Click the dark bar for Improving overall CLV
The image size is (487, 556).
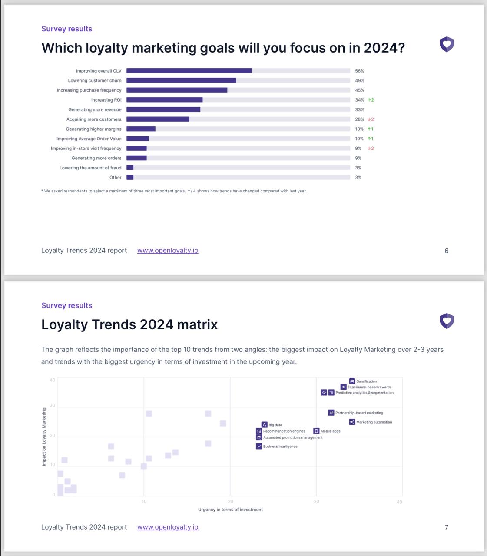pyautogui.click(x=189, y=71)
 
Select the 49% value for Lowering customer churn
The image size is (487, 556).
pyautogui.click(x=360, y=81)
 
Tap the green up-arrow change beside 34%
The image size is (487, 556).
pyautogui.click(x=371, y=100)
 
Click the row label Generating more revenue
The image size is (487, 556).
pyautogui.click(x=95, y=110)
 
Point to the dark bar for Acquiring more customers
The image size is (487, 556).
pyautogui.click(x=158, y=119)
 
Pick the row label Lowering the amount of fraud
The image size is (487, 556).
pyautogui.click(x=90, y=168)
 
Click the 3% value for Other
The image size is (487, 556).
pyautogui.click(x=358, y=178)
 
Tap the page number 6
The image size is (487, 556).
pyautogui.click(x=447, y=251)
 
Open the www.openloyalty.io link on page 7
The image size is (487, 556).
pyautogui.click(x=168, y=527)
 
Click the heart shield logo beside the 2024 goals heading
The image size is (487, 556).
pyautogui.click(x=447, y=44)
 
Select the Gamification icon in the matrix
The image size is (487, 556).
pyautogui.click(x=352, y=381)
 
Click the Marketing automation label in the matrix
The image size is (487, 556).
pyautogui.click(x=374, y=422)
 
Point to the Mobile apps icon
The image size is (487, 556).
pyautogui.click(x=316, y=431)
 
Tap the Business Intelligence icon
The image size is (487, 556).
pyautogui.click(x=259, y=447)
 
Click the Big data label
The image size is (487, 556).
pyautogui.click(x=275, y=425)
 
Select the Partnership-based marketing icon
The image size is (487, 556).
pyautogui.click(x=331, y=413)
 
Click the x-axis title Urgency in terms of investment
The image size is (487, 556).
pyautogui.click(x=230, y=510)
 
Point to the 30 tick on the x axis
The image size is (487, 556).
pyautogui.click(x=316, y=502)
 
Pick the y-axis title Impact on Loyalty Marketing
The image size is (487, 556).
pyautogui.click(x=44, y=437)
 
